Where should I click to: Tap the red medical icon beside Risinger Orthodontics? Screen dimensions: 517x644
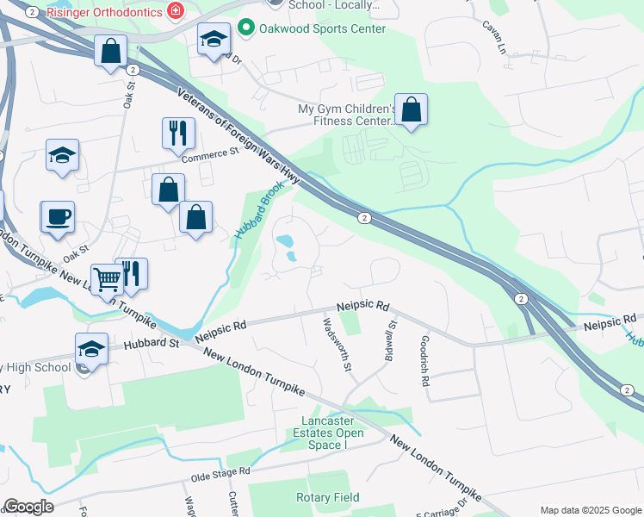pos(176,10)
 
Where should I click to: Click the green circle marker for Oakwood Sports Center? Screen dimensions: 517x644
pos(246,28)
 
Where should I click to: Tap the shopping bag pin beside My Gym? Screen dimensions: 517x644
pos(412,110)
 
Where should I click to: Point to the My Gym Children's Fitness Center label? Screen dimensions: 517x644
pos(346,115)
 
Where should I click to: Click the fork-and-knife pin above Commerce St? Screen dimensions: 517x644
pos(178,133)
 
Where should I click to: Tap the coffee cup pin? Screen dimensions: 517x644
pos(58,217)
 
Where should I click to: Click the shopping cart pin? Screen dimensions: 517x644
pos(106,279)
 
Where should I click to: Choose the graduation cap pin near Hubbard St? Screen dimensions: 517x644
pos(91,349)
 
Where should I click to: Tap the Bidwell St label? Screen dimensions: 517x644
pos(389,339)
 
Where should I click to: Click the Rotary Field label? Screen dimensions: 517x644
pos(328,497)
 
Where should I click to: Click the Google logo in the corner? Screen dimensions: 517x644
pos(28,506)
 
